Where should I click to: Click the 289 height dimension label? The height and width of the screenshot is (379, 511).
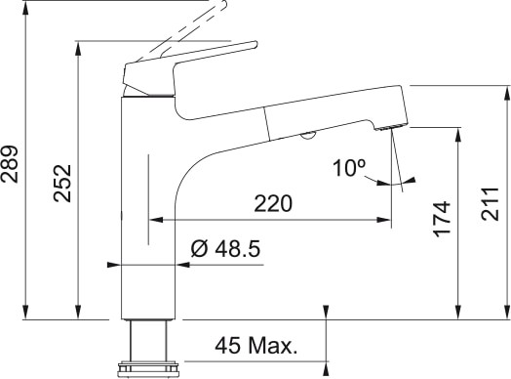pos(10,164)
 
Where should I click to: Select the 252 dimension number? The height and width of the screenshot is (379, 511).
pos(62,184)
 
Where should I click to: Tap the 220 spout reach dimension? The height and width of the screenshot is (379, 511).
pos(273,204)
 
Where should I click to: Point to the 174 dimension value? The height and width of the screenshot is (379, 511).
pos(442,219)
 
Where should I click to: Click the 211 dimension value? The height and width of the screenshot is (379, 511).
pos(490,204)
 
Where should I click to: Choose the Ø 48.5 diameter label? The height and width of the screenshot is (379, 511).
pos(226,249)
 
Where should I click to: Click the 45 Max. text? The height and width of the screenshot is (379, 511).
pos(256,346)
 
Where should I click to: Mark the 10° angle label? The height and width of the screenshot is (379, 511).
pos(349,168)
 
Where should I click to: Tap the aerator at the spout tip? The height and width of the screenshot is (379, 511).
pos(391,127)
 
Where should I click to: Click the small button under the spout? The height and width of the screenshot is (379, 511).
pos(307,135)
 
